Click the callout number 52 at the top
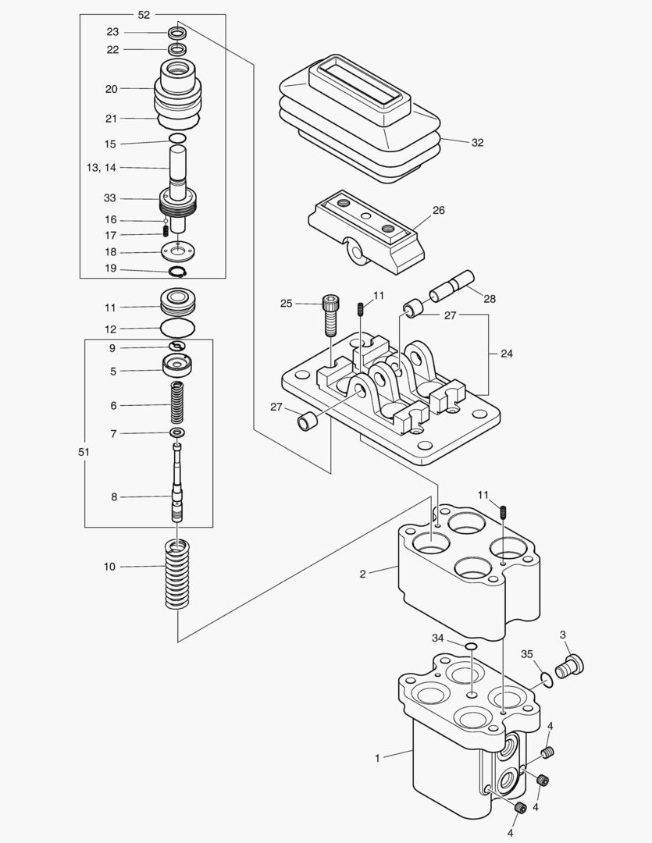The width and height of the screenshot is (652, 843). pyautogui.click(x=144, y=14)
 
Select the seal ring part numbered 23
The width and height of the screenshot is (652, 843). pyautogui.click(x=178, y=34)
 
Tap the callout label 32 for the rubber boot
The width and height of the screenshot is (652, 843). pyautogui.click(x=477, y=143)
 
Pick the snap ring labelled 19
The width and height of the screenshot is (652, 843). pyautogui.click(x=179, y=272)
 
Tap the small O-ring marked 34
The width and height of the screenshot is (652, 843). pyautogui.click(x=471, y=647)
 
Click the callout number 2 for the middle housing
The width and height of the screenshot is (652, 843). pyautogui.click(x=362, y=574)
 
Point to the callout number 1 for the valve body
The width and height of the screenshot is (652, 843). pyautogui.click(x=378, y=758)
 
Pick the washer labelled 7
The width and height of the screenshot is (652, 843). pyautogui.click(x=178, y=433)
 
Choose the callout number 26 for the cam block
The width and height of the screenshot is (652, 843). pyautogui.click(x=439, y=210)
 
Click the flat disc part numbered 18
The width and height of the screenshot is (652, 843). pyautogui.click(x=178, y=252)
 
